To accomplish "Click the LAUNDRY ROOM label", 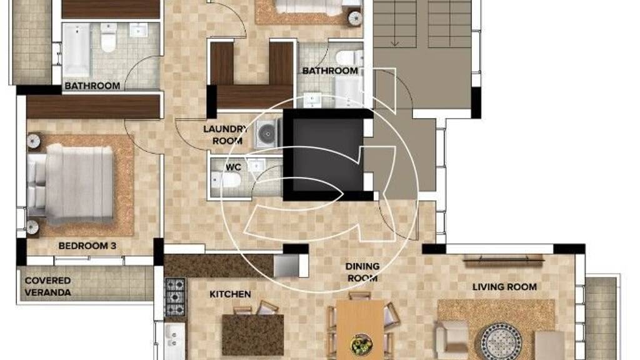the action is [x=225, y=135].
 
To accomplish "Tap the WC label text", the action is [x=234, y=167].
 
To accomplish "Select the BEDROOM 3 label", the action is [x=87, y=246].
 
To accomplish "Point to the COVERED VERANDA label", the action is [x=47, y=286].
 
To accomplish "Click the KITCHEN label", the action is [x=230, y=294].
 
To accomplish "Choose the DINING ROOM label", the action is [x=362, y=272].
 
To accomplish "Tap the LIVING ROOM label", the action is [x=504, y=287].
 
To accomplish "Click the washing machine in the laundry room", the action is [x=268, y=133].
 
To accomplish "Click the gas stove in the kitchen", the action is [x=175, y=296].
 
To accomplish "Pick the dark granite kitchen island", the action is [x=253, y=335].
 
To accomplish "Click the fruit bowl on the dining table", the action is [x=362, y=344].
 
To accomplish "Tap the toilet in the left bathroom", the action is [x=109, y=37].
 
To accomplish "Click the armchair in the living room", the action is [x=452, y=339].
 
